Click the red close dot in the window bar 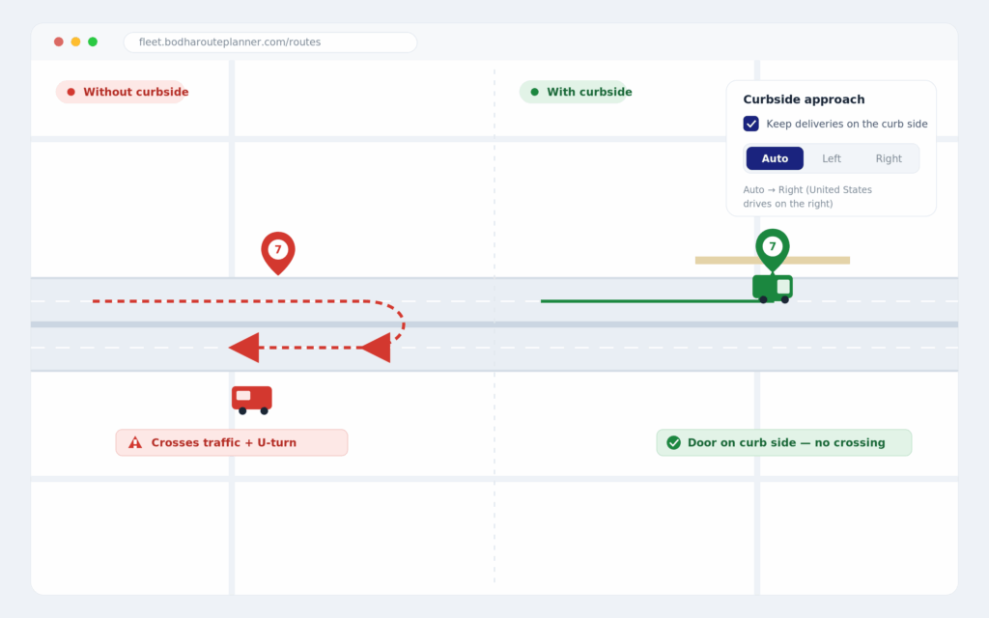[x=59, y=42]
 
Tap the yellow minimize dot [x=75, y=42]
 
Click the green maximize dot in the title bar [x=93, y=42]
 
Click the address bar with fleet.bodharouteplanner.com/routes [x=270, y=42]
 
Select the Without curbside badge [x=122, y=92]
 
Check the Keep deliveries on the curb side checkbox [x=750, y=124]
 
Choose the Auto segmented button [x=775, y=158]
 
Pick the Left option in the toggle [x=832, y=158]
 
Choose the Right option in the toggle [x=889, y=158]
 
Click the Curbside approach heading [x=804, y=99]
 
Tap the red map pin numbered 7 [x=278, y=252]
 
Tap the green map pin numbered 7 [x=772, y=248]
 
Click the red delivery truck [x=252, y=400]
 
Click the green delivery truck [x=773, y=289]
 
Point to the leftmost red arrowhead [x=244, y=348]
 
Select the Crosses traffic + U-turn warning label [x=232, y=442]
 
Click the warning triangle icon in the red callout [x=135, y=442]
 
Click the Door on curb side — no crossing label [x=784, y=442]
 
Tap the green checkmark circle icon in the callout [x=673, y=442]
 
